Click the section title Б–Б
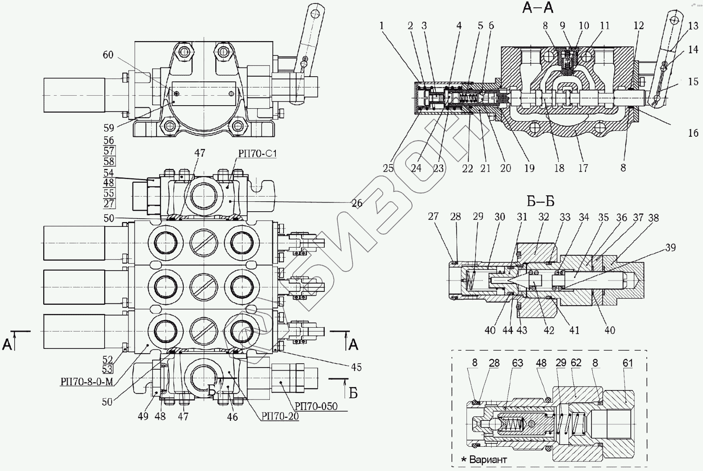540,201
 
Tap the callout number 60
108,55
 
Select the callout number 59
109,128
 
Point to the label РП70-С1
257,153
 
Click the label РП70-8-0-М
86,381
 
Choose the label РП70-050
316,406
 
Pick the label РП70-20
280,416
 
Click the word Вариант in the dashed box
488,460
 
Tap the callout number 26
357,203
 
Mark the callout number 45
356,367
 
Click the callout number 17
583,168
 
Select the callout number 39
671,248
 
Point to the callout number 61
628,363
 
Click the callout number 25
388,168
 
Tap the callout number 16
693,133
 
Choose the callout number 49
143,416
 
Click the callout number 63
518,363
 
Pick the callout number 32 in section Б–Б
543,217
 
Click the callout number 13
693,26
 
